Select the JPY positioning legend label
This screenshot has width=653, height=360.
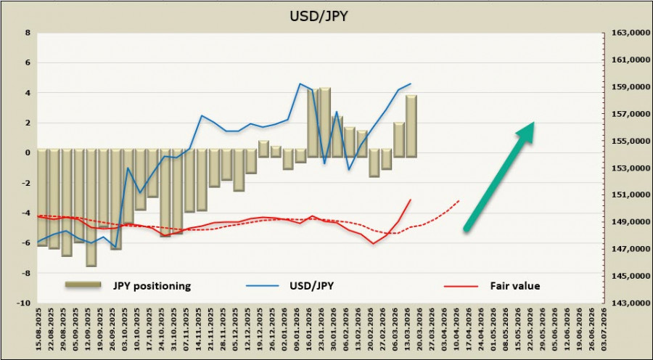[x=152, y=286]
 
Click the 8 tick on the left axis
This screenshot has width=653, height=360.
[x=28, y=33]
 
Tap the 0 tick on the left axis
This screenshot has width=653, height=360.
[x=28, y=153]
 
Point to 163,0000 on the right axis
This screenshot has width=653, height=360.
[x=625, y=33]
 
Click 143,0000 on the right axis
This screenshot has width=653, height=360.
[x=625, y=303]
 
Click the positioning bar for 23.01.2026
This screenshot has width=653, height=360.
[x=324, y=121]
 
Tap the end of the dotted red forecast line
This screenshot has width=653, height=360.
[x=460, y=200]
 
